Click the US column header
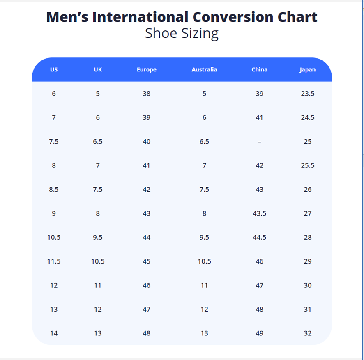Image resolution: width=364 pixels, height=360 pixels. (x=54, y=70)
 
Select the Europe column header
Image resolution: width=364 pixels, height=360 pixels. (x=147, y=70)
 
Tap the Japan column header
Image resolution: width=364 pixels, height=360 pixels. (x=308, y=70)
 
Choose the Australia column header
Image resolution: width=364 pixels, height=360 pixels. (x=204, y=70)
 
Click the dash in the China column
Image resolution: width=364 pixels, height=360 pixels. (x=260, y=142)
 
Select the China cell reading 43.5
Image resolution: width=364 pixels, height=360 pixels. (x=260, y=213)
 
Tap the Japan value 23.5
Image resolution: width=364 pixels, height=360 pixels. (x=308, y=94)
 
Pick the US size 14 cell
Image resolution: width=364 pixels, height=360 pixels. (x=54, y=333)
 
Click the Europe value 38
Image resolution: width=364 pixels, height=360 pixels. (x=147, y=94)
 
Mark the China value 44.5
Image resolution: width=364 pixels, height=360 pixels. (x=260, y=237)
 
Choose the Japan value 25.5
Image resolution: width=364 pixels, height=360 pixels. (x=308, y=165)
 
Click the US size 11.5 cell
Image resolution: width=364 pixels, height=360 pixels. (x=54, y=261)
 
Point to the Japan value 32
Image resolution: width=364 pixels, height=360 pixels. (x=308, y=333)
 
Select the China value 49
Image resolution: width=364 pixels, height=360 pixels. (x=260, y=333)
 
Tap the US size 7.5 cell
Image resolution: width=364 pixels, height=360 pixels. (x=54, y=142)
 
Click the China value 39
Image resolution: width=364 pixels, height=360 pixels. (x=260, y=94)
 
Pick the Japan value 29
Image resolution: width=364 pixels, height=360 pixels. (x=308, y=261)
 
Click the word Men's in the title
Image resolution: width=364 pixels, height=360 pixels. (x=67, y=17)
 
